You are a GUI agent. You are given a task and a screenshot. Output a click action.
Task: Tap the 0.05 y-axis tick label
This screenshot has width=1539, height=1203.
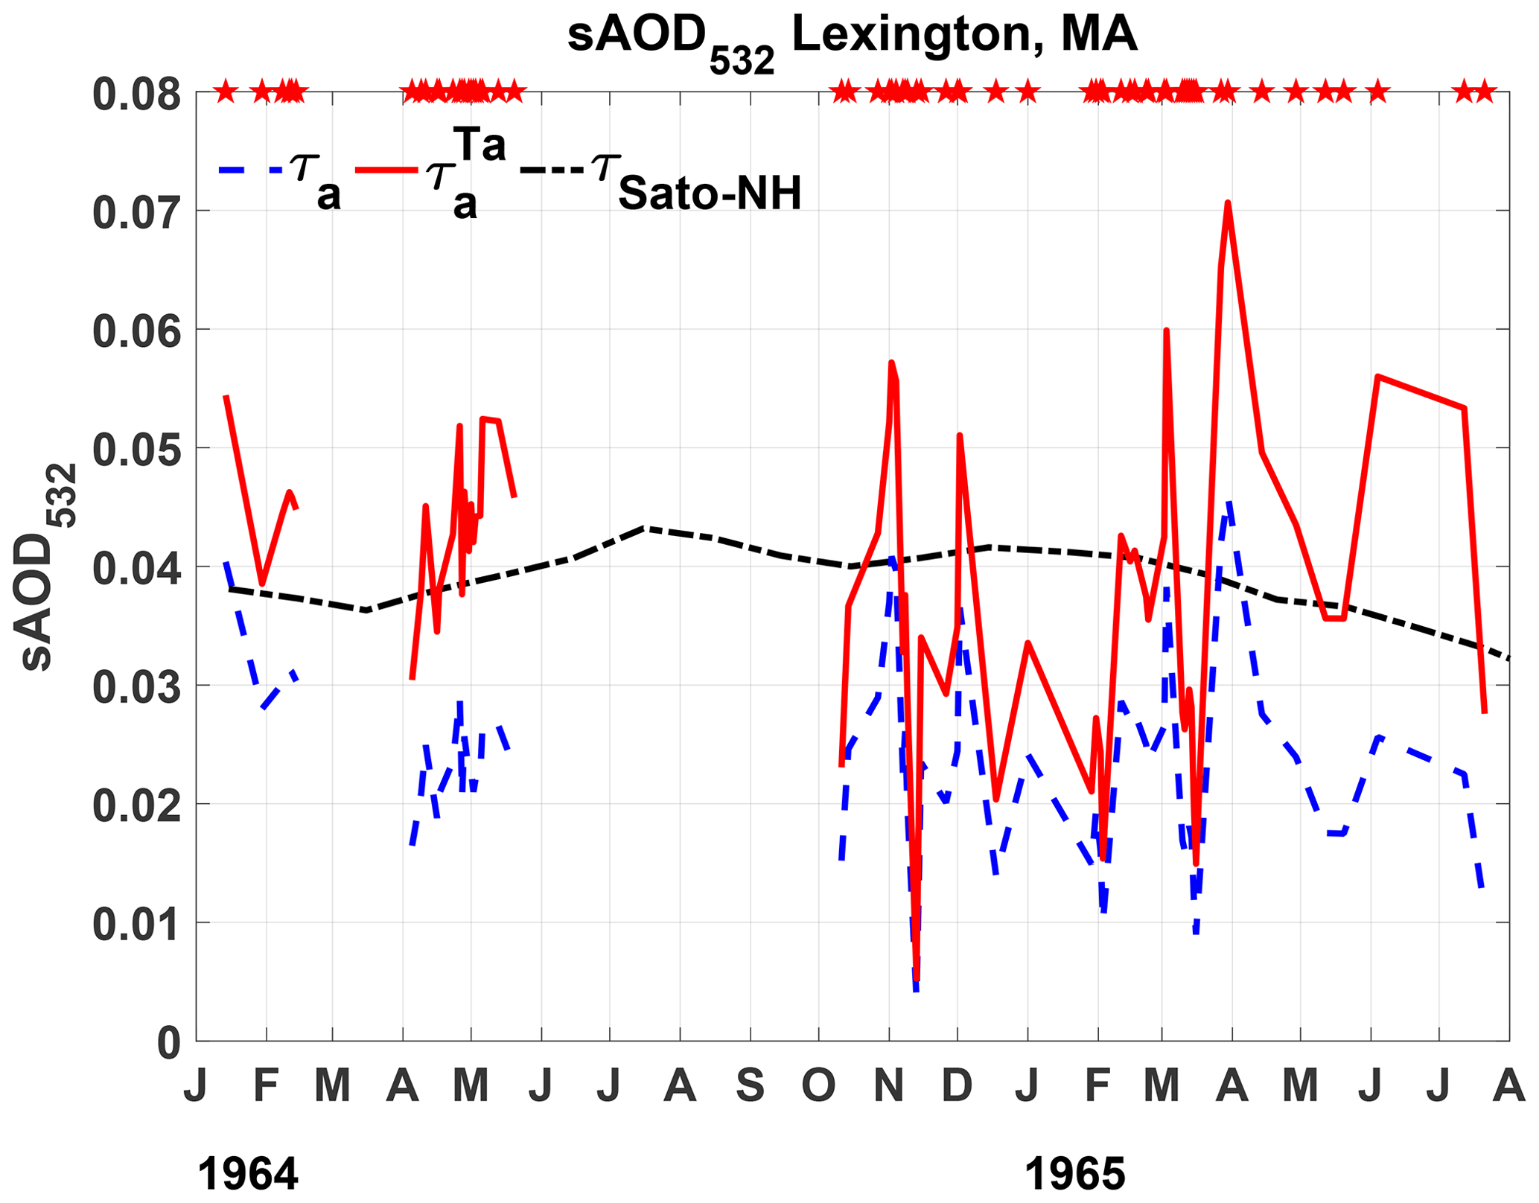click(x=136, y=450)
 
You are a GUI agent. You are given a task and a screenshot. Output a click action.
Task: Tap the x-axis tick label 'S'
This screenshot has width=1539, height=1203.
click(x=750, y=1086)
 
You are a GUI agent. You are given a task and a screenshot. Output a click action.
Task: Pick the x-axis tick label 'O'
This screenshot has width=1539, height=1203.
click(x=818, y=1086)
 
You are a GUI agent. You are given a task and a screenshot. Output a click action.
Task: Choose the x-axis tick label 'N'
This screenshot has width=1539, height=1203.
click(x=888, y=1086)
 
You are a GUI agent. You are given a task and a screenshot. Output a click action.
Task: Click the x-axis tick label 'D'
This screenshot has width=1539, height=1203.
click(x=957, y=1086)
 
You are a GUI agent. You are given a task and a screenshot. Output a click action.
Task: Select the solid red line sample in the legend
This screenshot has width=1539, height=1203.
click(x=386, y=170)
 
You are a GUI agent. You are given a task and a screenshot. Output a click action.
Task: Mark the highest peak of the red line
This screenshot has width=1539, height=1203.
click(x=1228, y=202)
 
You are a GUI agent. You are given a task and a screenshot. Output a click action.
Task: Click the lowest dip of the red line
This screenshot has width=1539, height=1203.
click(x=917, y=980)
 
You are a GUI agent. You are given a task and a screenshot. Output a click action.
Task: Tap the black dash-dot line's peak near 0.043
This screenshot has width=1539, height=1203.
click(x=645, y=528)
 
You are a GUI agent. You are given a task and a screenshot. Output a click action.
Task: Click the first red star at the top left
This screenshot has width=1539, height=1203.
click(x=226, y=93)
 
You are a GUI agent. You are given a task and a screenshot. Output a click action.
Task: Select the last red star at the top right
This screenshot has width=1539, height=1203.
click(x=1484, y=93)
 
